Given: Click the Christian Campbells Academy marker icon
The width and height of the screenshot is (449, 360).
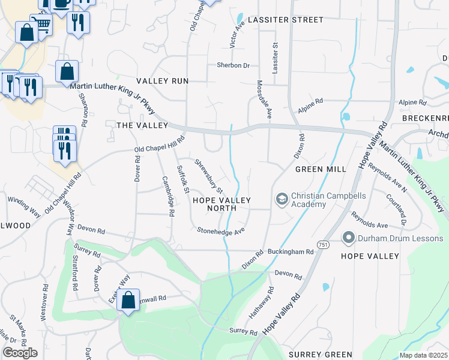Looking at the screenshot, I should [x=280, y=199].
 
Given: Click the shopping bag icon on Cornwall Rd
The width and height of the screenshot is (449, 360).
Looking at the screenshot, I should [x=128, y=300].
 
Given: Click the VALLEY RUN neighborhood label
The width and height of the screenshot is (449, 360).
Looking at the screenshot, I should [x=162, y=81].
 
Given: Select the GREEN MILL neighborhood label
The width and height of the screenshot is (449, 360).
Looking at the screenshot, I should [x=321, y=169].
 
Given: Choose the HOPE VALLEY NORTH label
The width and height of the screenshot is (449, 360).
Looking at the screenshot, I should [x=220, y=204].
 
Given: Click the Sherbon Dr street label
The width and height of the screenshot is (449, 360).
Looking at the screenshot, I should [x=233, y=65].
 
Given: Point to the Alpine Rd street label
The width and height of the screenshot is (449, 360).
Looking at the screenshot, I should [x=310, y=106].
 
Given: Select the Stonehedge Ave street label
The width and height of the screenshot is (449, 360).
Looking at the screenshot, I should [x=221, y=230].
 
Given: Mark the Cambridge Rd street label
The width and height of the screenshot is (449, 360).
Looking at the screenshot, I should [x=168, y=196].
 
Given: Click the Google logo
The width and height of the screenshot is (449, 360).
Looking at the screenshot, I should [x=19, y=353].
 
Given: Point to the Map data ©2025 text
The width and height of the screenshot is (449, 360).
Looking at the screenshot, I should [x=424, y=356].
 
